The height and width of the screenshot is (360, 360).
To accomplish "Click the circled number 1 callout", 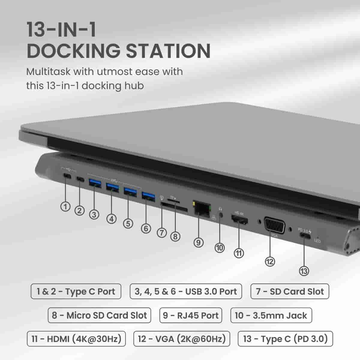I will [65, 206].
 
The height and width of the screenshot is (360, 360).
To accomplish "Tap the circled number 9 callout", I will [198, 242].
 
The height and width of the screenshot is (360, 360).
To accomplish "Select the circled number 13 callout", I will [304, 271].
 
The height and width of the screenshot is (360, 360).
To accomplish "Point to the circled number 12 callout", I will [270, 262].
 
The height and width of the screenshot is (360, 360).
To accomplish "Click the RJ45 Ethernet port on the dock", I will [202, 208].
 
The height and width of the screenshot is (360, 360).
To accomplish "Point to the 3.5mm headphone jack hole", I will [221, 214].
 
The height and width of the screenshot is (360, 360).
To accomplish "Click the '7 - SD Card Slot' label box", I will [289, 291].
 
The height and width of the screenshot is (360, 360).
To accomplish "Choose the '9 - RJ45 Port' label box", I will [190, 315].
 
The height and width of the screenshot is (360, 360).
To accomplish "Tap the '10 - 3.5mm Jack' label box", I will [271, 315].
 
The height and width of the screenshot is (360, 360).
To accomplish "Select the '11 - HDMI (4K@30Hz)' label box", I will [76, 339].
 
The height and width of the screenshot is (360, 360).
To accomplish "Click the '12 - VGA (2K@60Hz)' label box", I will [181, 339].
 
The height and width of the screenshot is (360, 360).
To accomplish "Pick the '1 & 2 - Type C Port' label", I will [76, 291].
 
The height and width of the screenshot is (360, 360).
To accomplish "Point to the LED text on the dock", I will [317, 241].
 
